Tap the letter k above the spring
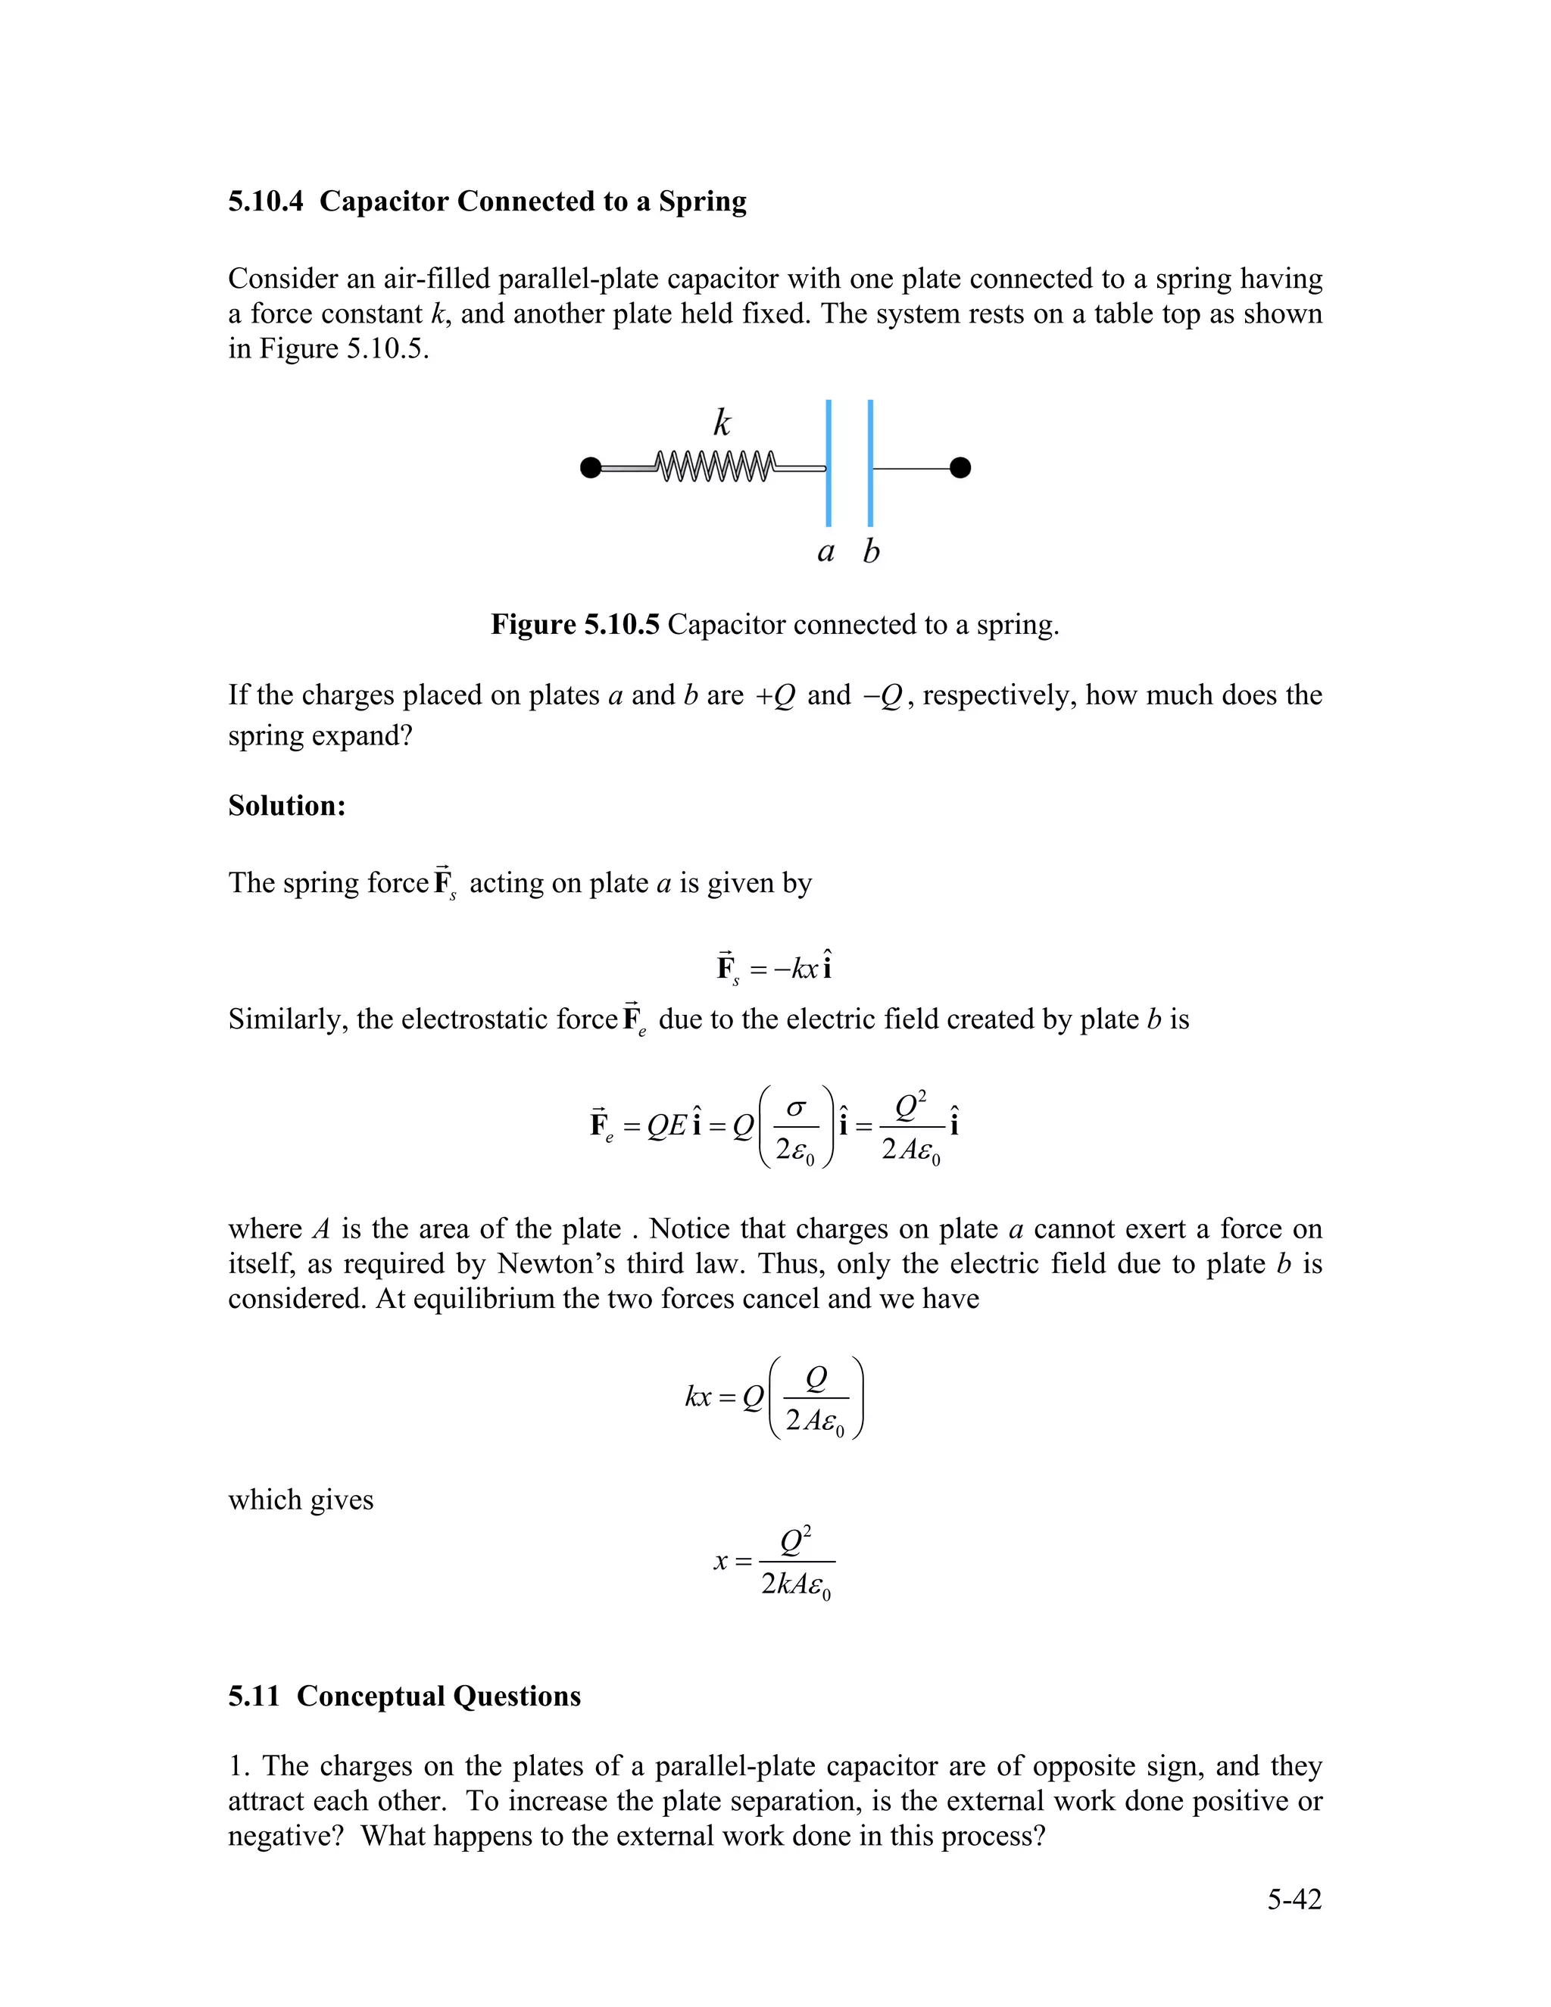tap(722, 423)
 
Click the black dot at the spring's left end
tap(591, 468)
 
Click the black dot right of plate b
tap(960, 468)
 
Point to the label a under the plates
tap(825, 551)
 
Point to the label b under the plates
tap(871, 551)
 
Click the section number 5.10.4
tap(266, 201)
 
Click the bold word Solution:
tap(287, 806)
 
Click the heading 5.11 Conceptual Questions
tap(404, 1696)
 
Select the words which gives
tap(301, 1500)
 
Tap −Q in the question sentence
tap(883, 697)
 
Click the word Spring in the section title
tap(702, 201)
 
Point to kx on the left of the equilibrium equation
tap(698, 1397)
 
